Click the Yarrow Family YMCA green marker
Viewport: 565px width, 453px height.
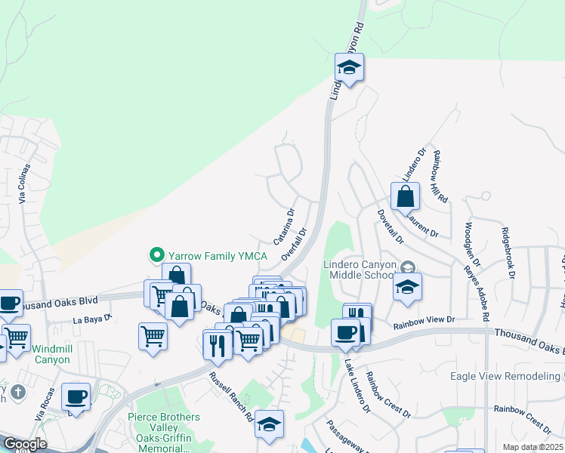158,255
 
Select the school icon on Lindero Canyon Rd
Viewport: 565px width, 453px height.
349,69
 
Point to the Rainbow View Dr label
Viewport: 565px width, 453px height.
425,321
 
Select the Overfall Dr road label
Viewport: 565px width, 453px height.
295,244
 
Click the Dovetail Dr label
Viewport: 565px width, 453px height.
390,226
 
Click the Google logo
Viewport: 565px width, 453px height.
24,444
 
